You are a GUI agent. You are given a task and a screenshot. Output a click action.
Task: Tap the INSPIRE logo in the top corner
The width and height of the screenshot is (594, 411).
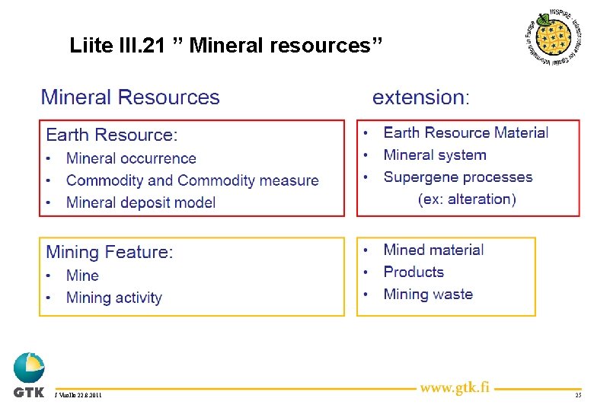coord(557,38)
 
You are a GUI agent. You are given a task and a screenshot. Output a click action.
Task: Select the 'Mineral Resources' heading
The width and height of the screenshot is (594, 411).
coord(130,97)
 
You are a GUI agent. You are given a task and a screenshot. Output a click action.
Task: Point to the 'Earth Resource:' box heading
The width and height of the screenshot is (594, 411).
coord(112,135)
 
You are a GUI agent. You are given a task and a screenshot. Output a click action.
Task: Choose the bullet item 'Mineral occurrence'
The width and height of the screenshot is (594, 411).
coord(131,158)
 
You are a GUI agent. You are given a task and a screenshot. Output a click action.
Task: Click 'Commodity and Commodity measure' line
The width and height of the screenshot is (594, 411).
coord(192,180)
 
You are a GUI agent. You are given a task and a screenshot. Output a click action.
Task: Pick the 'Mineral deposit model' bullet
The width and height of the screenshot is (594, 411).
coord(141,202)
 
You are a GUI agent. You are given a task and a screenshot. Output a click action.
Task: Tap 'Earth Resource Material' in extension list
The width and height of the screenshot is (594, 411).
coord(465,132)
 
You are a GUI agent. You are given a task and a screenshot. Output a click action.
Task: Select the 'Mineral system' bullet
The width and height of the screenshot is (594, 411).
coord(434,155)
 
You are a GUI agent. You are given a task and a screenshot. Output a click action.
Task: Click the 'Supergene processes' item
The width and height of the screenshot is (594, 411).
coord(458,177)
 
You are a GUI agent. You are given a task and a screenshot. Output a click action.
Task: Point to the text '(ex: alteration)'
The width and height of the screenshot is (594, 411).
coord(467,199)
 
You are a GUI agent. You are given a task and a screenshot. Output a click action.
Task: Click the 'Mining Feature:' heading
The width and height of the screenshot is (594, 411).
coord(110,252)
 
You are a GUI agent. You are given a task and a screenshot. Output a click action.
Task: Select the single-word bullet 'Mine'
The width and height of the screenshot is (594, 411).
coord(82,276)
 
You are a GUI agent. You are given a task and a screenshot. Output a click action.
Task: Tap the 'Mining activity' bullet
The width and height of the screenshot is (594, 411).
coord(113,298)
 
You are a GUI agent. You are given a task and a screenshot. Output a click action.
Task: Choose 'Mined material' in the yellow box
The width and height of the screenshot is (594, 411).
coord(433,250)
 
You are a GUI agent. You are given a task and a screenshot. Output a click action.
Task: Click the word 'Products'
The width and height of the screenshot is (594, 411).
coord(413,272)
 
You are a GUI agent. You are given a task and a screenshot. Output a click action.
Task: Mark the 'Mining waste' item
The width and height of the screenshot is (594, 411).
coord(428,295)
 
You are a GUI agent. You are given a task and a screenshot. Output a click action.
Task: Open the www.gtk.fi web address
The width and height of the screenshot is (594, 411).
coord(455,388)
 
